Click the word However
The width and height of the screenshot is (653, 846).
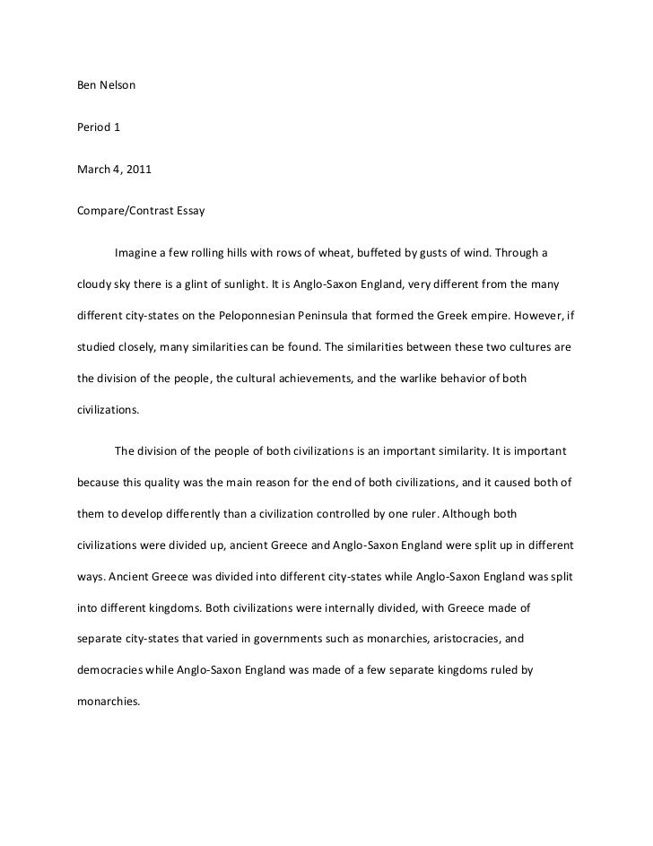(562, 318)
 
